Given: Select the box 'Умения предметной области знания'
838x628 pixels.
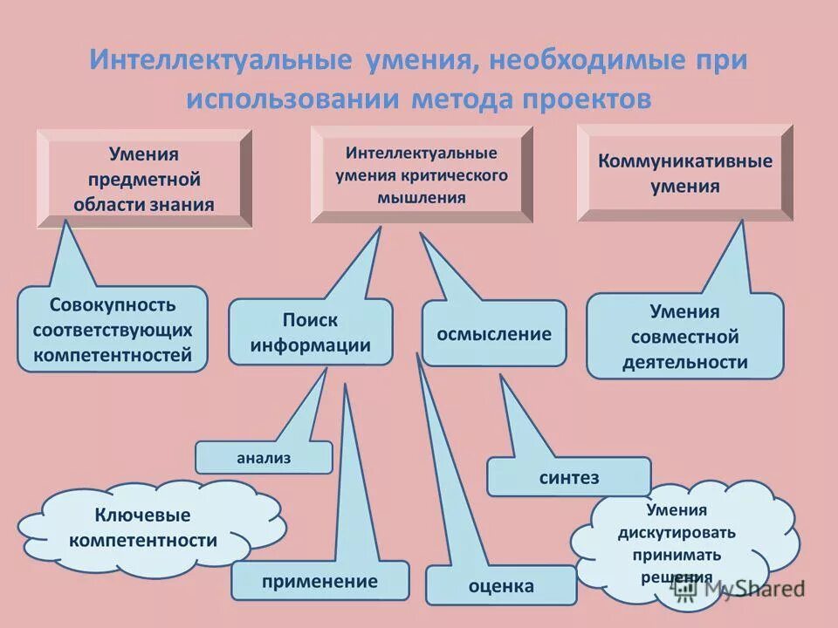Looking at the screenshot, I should (144, 179).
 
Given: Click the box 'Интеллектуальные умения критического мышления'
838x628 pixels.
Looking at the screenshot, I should (422, 175).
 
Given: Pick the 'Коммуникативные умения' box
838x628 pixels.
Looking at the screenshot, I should (685, 174).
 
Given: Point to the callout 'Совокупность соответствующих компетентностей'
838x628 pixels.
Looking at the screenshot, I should (113, 330).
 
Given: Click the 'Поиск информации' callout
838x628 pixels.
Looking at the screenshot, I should (310, 332).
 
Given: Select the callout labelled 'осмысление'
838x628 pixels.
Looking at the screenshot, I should (494, 333).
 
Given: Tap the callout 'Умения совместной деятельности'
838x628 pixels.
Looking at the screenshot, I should (685, 336).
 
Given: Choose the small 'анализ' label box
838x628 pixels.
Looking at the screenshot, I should (264, 457).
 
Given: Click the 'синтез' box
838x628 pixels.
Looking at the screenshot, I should (568, 476).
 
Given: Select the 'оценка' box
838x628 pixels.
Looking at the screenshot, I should (501, 585).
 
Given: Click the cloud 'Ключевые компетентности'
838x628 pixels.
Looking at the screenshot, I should (143, 528).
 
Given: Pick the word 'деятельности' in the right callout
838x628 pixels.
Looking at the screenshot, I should (685, 362).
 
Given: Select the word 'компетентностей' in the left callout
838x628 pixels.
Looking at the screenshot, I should (113, 355).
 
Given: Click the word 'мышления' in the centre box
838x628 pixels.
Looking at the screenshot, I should (422, 198).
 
